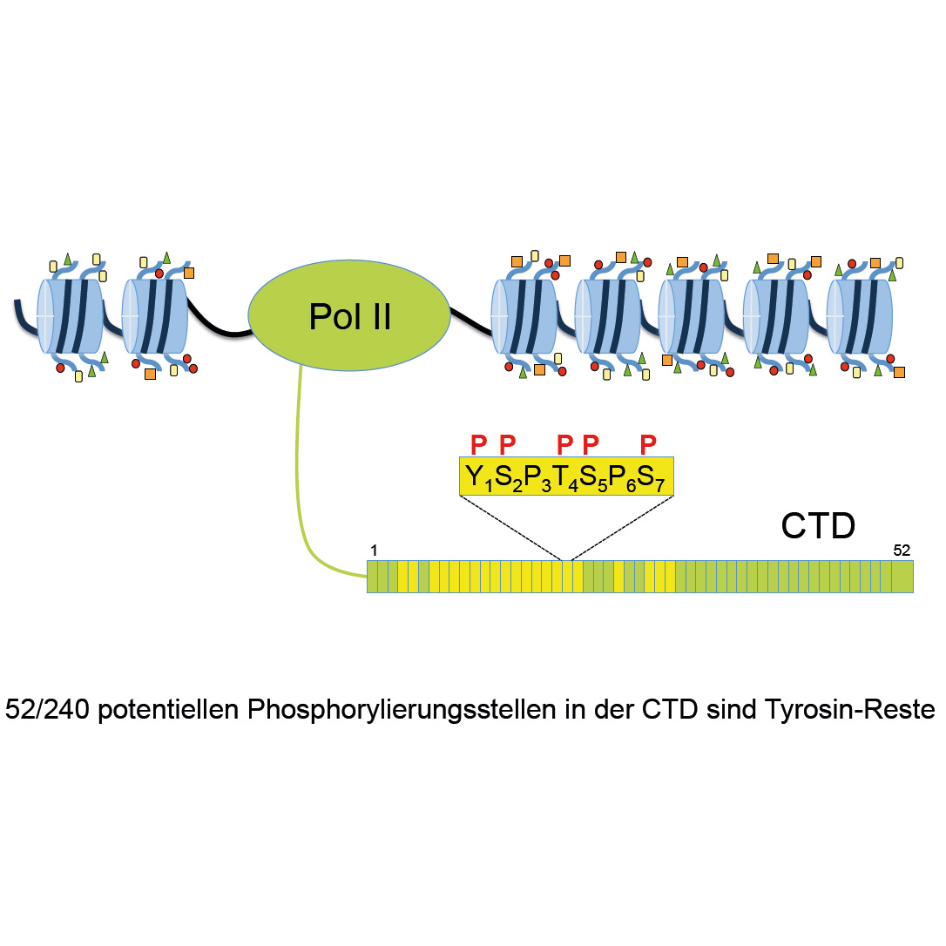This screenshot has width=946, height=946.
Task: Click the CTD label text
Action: pyautogui.click(x=817, y=526)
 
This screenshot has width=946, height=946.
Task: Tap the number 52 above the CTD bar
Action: pyautogui.click(x=901, y=550)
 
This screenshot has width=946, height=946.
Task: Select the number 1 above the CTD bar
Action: pyautogui.click(x=374, y=551)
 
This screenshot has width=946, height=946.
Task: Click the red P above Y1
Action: pyautogui.click(x=477, y=444)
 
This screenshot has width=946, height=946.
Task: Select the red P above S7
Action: pyautogui.click(x=647, y=444)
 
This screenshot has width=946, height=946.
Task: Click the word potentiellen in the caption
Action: pyautogui.click(x=171, y=710)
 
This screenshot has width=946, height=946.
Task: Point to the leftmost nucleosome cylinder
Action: pyautogui.click(x=73, y=315)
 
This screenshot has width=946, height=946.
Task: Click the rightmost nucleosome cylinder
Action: pyautogui.click(x=862, y=315)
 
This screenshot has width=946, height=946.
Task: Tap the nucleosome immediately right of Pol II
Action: pyautogui.click(x=525, y=315)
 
